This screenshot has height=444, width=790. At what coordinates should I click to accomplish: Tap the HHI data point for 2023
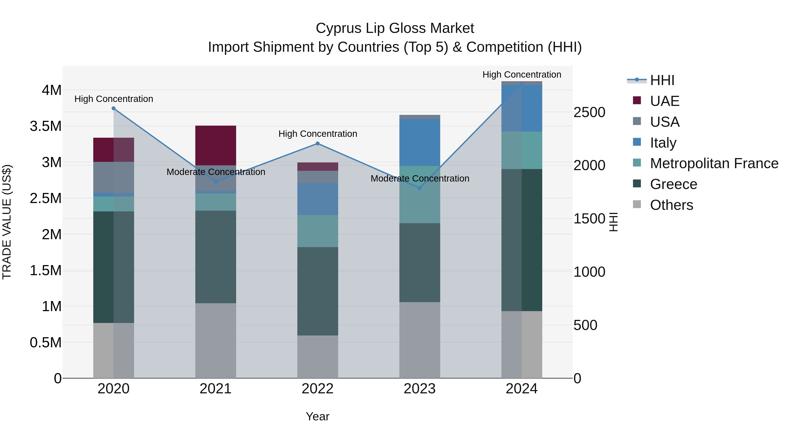pyautogui.click(x=420, y=188)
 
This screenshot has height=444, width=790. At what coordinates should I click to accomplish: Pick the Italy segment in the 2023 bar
pyautogui.click(x=420, y=143)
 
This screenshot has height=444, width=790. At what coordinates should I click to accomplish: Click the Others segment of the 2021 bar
pyautogui.click(x=215, y=340)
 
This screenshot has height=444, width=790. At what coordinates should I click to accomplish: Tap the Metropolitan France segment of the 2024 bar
pyautogui.click(x=522, y=150)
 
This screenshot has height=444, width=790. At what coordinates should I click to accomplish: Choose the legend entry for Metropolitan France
pyautogui.click(x=714, y=163)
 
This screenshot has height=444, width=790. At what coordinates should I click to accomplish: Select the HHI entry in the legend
pyautogui.click(x=662, y=80)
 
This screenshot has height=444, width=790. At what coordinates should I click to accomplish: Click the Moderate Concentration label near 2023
pyautogui.click(x=420, y=178)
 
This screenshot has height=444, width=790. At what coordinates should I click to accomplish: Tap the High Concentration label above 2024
pyautogui.click(x=522, y=75)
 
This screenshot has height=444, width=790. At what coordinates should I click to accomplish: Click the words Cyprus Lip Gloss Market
pyautogui.click(x=395, y=28)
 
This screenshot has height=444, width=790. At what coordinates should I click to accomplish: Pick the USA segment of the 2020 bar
pyautogui.click(x=113, y=177)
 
